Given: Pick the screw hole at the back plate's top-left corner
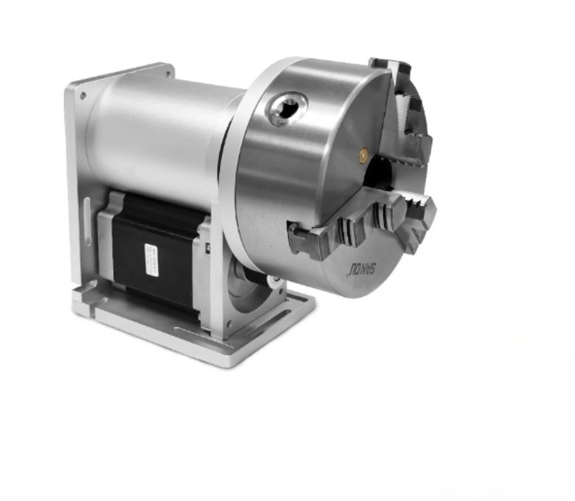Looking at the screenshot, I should pyautogui.click(x=83, y=97).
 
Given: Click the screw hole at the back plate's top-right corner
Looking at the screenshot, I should pyautogui.click(x=168, y=73).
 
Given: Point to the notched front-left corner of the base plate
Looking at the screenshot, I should pyautogui.click(x=82, y=294).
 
